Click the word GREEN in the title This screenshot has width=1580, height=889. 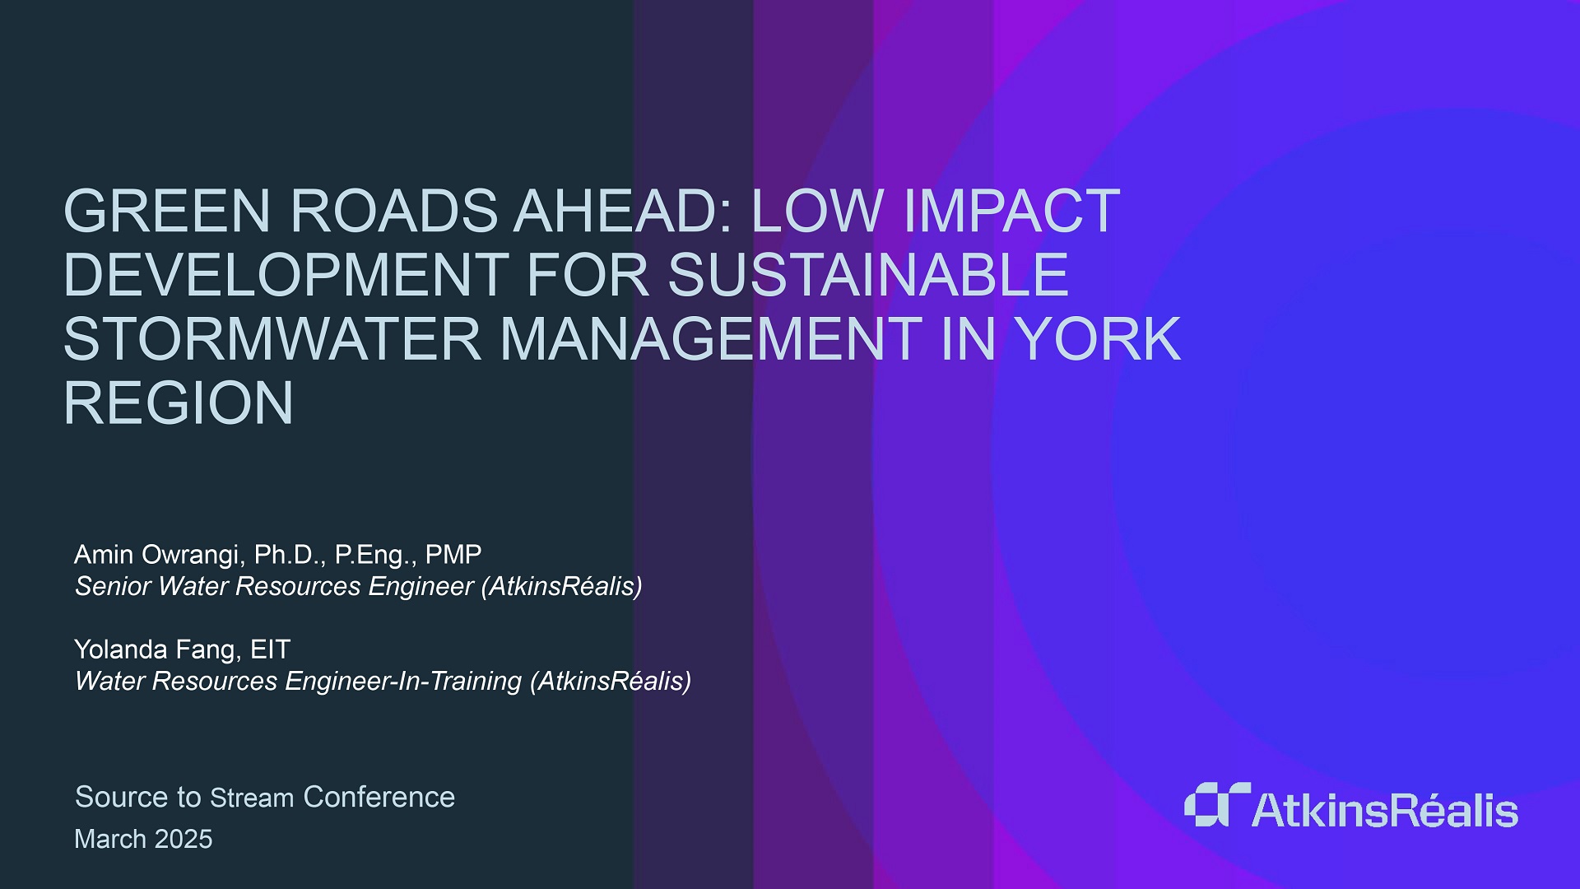[x=167, y=211]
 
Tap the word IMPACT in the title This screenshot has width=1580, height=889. [x=1011, y=211]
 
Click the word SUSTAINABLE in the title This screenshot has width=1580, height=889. [x=868, y=275]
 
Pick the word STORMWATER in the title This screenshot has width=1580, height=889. [x=272, y=339]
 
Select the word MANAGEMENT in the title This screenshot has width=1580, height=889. [x=711, y=339]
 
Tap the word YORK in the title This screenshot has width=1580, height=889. [x=1098, y=339]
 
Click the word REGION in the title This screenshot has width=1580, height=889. [x=179, y=403]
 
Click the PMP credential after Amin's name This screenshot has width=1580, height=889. [x=453, y=555]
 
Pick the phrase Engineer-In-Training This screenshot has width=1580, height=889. [x=403, y=682]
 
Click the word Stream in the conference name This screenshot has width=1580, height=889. [x=252, y=798]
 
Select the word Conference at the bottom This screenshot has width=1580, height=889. [x=379, y=797]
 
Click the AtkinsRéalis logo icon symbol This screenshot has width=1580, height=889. [x=1216, y=804]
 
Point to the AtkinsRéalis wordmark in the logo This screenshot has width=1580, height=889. [x=1385, y=810]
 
